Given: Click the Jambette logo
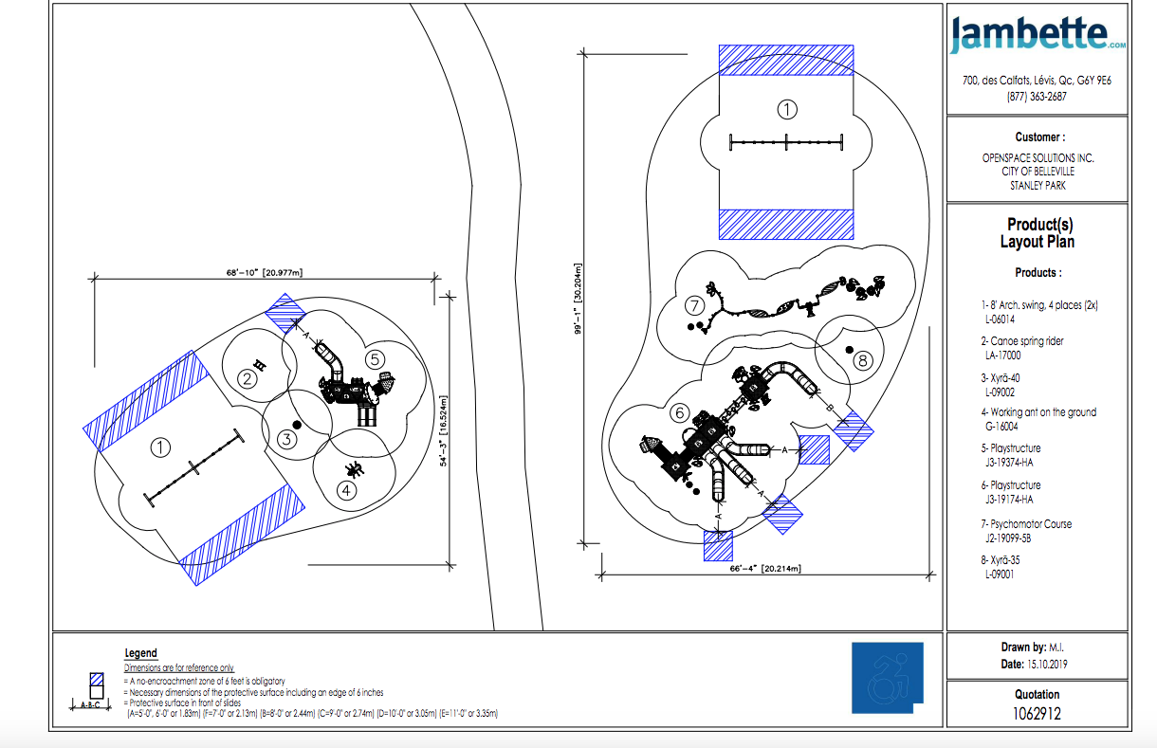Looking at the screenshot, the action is pos(1038,34).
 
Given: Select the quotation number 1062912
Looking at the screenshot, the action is pos(1037,714).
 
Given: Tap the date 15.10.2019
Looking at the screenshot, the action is pos(1047,665).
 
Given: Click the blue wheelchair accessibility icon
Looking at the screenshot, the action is pos(888,677).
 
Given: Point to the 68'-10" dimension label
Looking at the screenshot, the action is pos(265,272).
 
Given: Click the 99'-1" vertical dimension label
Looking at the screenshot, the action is pos(578,299).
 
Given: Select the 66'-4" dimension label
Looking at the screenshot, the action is pos(765,569).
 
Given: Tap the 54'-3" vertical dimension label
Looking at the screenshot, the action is pos(444,431).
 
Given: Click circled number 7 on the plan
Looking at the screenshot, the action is pos(695,305).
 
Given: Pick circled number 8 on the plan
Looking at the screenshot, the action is pos(863,360).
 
